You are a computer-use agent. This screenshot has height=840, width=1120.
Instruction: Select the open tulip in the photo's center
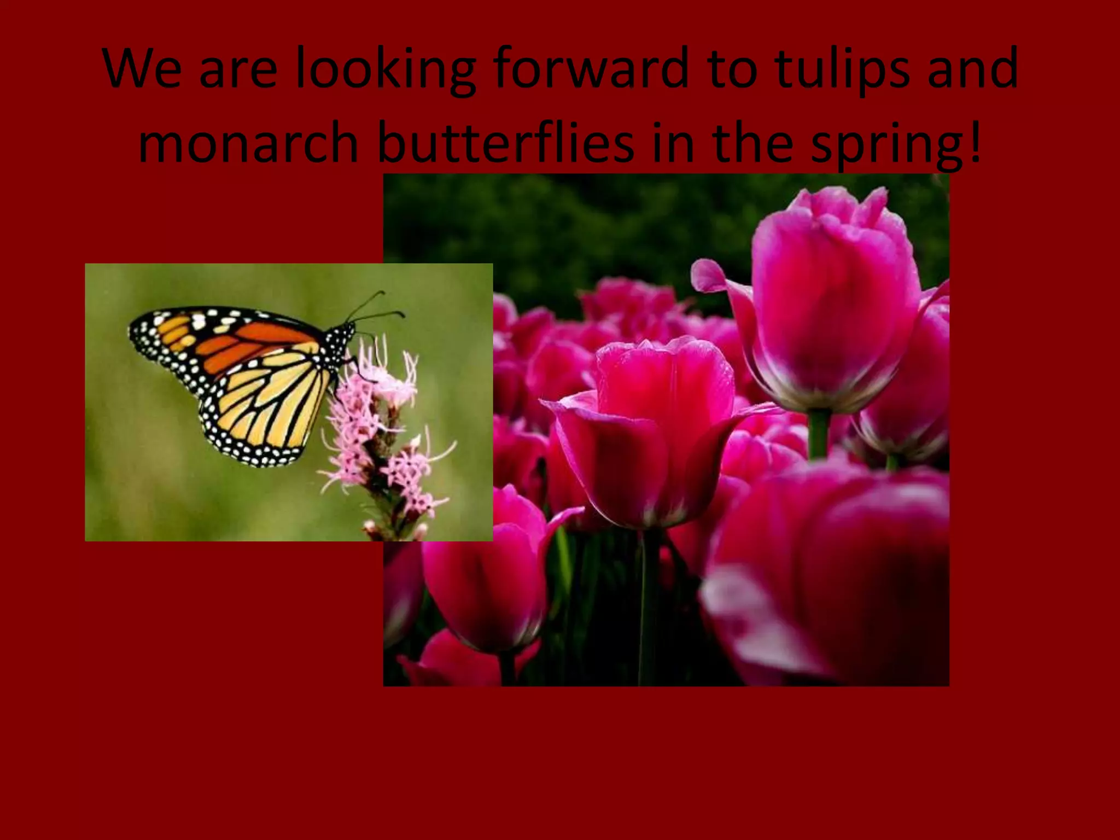coord(656,427)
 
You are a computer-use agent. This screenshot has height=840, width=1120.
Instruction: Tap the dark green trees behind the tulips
coord(547,230)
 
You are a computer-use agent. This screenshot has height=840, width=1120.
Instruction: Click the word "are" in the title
coord(238,69)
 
